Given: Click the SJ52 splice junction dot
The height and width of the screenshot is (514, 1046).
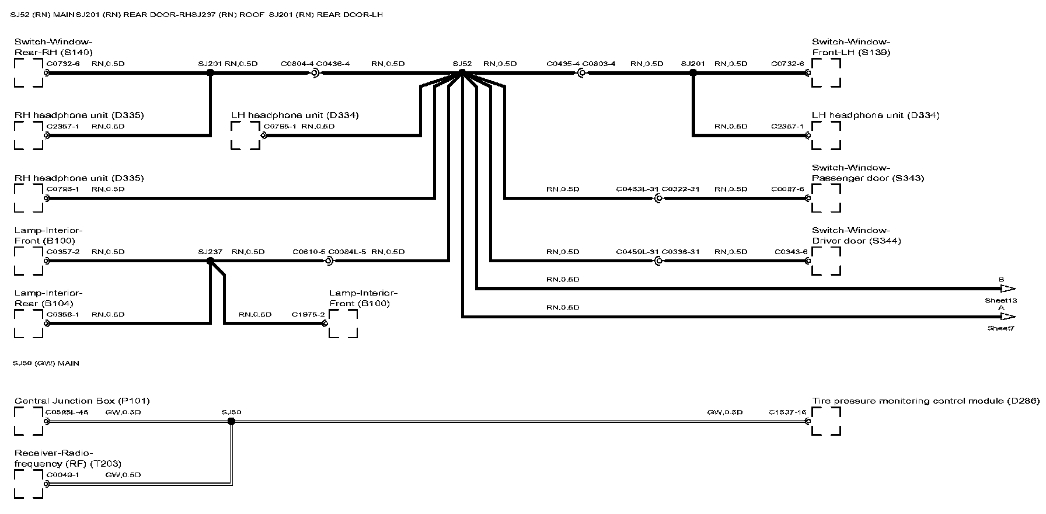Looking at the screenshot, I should [462, 72].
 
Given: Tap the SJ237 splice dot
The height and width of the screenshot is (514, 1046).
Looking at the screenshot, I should [210, 261].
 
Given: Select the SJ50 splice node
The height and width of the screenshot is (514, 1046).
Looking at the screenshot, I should [231, 421].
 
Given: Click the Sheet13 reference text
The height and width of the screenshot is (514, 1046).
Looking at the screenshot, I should [1001, 300].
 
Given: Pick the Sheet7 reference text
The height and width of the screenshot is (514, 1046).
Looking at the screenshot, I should [1001, 328].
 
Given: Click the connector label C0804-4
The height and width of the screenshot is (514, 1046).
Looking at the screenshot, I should [297, 64].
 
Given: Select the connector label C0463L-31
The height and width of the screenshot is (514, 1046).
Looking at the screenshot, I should [637, 189].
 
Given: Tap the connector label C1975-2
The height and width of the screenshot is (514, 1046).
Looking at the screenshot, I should [308, 314].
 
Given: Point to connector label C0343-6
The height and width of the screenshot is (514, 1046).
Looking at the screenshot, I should [791, 252].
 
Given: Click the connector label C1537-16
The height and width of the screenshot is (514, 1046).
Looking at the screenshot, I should [787, 412].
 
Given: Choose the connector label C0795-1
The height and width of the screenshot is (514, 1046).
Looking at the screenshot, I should [280, 126].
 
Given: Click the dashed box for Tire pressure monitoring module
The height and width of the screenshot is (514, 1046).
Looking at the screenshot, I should [827, 421].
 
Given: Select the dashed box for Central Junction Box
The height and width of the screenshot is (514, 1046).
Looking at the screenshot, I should [29, 421].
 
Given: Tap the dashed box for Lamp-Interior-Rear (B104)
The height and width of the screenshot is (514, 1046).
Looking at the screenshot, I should [29, 324].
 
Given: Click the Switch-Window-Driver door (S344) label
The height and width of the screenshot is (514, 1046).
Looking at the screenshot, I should [856, 235].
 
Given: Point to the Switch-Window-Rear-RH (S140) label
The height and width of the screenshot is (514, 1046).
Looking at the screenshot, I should [53, 47].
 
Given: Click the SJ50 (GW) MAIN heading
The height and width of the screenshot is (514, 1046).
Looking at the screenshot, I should [46, 363].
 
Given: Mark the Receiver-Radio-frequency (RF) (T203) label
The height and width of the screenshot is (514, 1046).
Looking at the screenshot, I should [68, 459].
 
